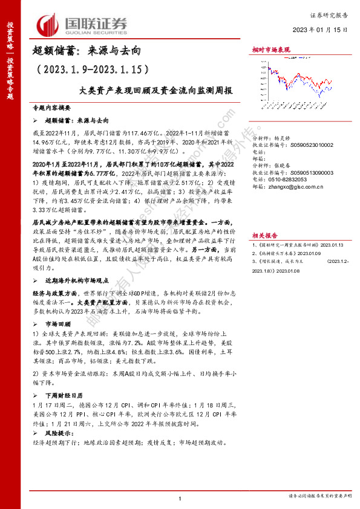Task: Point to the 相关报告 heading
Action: tap(265, 219)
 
